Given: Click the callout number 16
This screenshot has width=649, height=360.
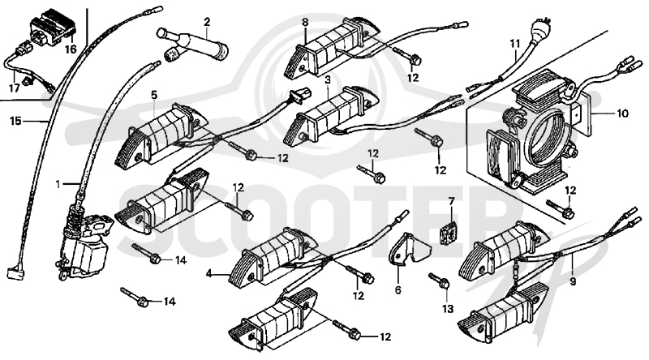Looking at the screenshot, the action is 71,49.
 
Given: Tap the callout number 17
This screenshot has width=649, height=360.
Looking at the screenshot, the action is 14,88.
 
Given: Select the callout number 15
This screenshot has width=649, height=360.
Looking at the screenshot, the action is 15,122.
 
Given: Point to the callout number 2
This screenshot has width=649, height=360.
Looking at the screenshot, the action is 207,22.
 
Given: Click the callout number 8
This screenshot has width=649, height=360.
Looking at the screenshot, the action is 305,23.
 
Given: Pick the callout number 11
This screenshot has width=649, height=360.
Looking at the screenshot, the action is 514,44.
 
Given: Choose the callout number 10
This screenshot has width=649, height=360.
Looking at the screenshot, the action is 622,113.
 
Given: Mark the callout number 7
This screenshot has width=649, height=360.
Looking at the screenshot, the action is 451,202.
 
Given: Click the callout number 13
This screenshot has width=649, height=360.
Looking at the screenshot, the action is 448,309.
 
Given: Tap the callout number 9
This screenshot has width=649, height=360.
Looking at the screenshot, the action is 573,282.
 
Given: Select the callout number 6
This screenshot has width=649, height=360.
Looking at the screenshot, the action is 398,290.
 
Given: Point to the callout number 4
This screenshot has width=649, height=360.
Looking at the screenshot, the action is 209,273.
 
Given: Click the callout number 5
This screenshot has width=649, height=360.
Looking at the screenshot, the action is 154,95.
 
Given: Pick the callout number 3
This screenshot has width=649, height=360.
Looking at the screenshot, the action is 328,79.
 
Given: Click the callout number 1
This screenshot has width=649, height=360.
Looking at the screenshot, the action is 58,184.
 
